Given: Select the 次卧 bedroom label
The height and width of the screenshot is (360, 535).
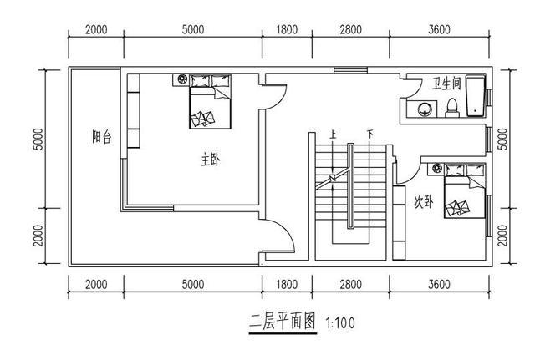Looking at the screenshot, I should pyautogui.click(x=424, y=201).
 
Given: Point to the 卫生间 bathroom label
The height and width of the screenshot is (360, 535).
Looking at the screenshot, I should pyautogui.click(x=446, y=85).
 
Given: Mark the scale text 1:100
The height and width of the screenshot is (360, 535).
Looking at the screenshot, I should pyautogui.click(x=340, y=322).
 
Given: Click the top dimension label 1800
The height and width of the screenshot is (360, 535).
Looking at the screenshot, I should pyautogui.click(x=287, y=30).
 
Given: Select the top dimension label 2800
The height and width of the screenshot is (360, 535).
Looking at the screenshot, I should pyautogui.click(x=350, y=30).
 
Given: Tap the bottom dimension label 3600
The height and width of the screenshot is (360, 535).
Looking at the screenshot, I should pyautogui.click(x=439, y=285).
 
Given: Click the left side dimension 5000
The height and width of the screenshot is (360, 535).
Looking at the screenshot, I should pyautogui.click(x=38, y=139).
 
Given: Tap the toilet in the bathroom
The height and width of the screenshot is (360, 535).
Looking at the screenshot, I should pyautogui.click(x=452, y=106).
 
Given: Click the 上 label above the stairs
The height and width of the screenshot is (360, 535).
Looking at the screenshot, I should pyautogui.click(x=334, y=134).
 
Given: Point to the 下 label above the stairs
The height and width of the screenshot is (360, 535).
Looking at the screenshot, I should pyautogui.click(x=369, y=134).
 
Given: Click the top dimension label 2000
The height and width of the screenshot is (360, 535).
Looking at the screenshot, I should pyautogui.click(x=96, y=30).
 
